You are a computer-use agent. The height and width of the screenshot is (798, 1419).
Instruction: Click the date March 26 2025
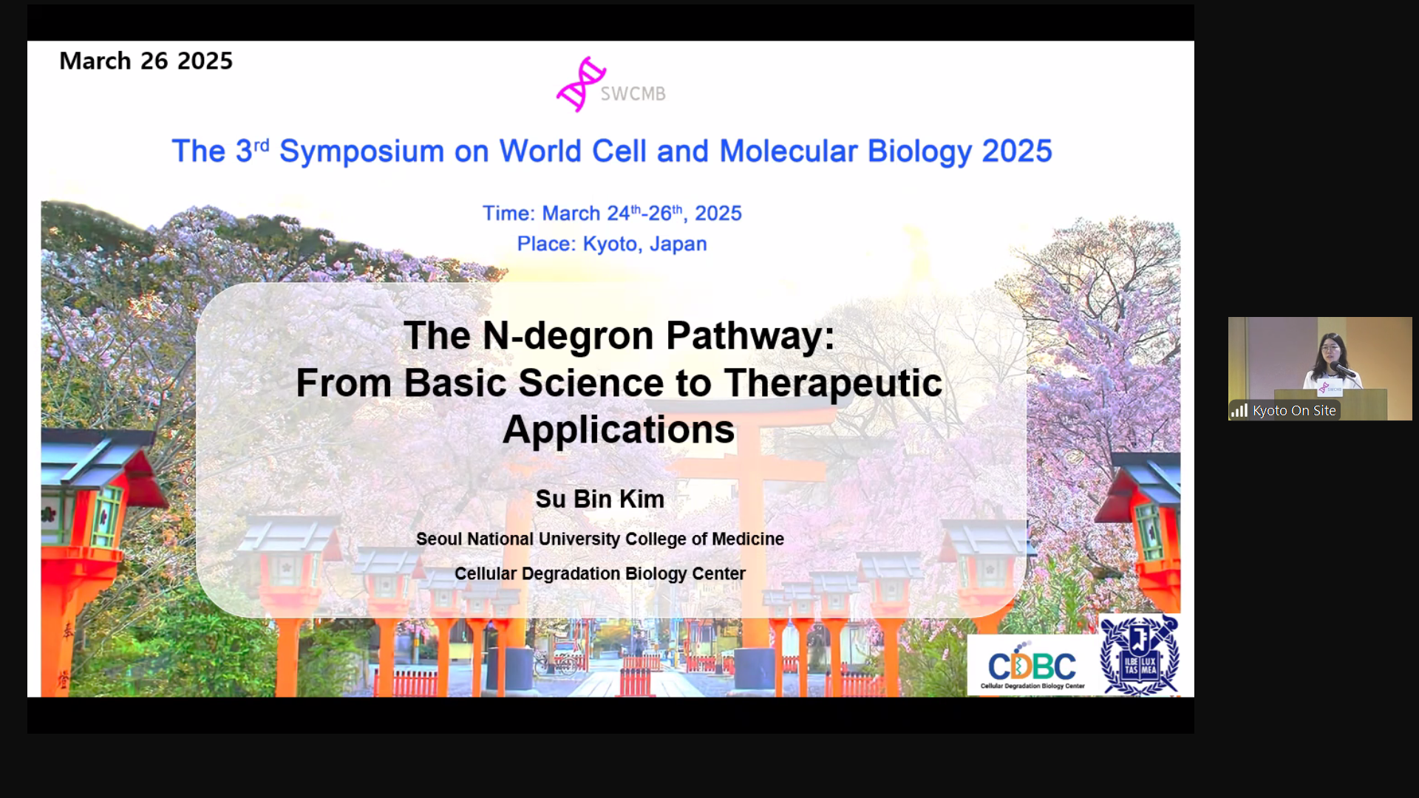click(146, 61)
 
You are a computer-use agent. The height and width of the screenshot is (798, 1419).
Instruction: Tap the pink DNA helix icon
click(581, 84)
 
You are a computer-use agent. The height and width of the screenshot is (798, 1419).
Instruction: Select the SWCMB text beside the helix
click(633, 94)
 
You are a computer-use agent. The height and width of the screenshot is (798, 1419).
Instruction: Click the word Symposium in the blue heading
click(361, 152)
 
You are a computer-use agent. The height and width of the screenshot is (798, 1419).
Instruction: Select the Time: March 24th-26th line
click(612, 213)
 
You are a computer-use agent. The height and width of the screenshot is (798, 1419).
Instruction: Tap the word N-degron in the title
click(568, 336)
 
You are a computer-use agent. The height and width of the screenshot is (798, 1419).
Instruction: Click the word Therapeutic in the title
click(833, 384)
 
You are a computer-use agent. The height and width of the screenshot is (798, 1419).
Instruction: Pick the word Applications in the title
click(619, 431)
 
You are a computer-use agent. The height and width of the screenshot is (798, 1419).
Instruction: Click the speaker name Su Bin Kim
click(599, 499)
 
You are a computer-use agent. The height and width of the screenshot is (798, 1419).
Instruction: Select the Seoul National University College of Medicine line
click(599, 539)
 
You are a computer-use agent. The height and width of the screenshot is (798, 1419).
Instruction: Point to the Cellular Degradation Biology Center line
click(599, 574)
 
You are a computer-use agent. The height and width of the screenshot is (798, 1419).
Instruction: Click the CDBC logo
click(1032, 666)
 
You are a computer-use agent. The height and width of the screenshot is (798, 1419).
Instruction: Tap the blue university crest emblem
click(1139, 655)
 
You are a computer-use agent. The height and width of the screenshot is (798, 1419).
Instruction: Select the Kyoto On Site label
click(1294, 411)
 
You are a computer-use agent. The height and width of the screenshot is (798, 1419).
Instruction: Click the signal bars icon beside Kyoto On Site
click(1239, 411)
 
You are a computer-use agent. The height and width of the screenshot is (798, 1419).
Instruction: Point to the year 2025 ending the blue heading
click(1017, 151)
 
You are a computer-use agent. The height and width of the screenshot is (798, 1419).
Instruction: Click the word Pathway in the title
click(750, 337)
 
